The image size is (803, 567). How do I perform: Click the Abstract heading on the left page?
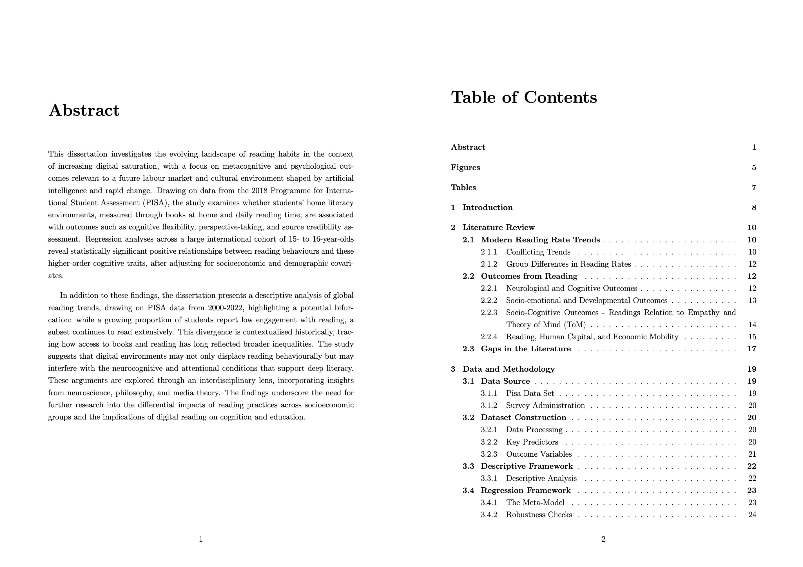pyautogui.click(x=84, y=111)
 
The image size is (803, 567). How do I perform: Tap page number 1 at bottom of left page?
pyautogui.click(x=201, y=539)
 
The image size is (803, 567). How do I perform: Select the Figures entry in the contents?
pyautogui.click(x=465, y=168)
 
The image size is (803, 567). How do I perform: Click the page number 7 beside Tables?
pyautogui.click(x=754, y=187)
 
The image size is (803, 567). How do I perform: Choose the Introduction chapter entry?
pyautogui.click(x=487, y=207)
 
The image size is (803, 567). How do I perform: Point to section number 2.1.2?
pyautogui.click(x=489, y=264)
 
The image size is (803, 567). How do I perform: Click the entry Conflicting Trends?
pyautogui.click(x=538, y=252)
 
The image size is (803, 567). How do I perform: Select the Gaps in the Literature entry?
pyautogui.click(x=526, y=349)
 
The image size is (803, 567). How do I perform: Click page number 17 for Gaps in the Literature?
pyautogui.click(x=751, y=349)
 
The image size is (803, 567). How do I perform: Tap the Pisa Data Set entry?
pyautogui.click(x=530, y=393)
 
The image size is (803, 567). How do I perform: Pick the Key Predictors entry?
pyautogui.click(x=532, y=442)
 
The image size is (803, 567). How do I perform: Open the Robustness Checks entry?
pyautogui.click(x=539, y=515)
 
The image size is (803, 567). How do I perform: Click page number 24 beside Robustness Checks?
pyautogui.click(x=752, y=515)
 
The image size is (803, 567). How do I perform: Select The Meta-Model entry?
pyautogui.click(x=535, y=502)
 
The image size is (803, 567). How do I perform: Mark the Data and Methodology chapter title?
pyautogui.click(x=508, y=369)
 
